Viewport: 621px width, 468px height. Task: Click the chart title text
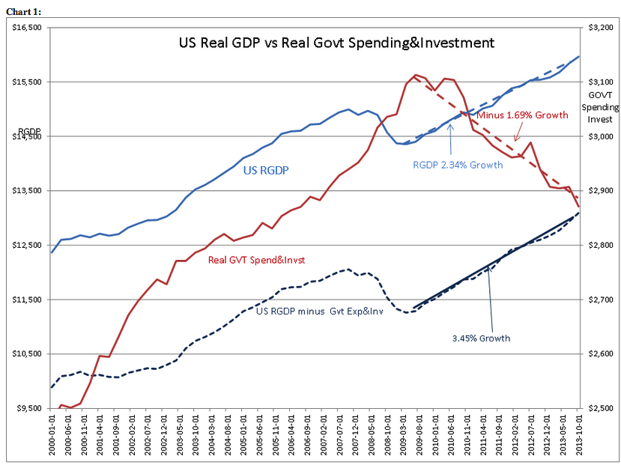(x=336, y=43)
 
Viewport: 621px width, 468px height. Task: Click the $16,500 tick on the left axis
(x=28, y=27)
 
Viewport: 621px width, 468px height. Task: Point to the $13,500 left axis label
(x=28, y=190)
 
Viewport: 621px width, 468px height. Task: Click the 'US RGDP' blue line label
(x=267, y=170)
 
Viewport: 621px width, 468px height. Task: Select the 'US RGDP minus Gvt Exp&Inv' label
(x=320, y=311)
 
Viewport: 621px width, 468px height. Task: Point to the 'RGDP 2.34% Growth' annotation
(x=458, y=164)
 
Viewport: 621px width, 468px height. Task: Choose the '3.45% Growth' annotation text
(x=481, y=338)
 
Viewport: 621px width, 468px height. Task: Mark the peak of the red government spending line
(x=416, y=75)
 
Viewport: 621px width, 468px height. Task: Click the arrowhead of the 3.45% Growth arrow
(x=488, y=268)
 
